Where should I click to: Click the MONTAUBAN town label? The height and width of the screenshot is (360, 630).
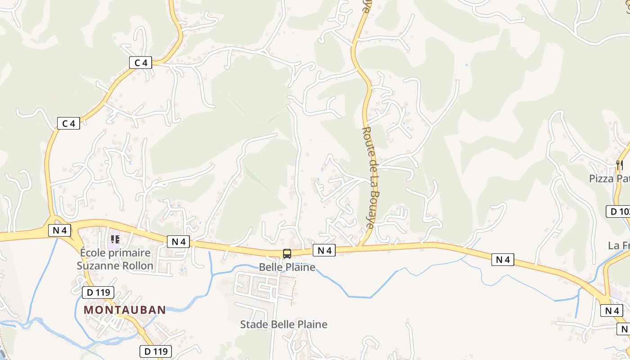125,310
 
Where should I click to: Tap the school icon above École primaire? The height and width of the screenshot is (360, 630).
115,239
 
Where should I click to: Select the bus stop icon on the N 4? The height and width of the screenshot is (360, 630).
287,254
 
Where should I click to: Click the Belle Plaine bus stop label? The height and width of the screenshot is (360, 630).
287,267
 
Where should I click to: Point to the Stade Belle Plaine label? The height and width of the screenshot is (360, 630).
283,324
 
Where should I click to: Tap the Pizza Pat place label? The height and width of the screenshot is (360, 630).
609,179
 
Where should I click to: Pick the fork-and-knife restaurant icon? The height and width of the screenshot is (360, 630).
620,166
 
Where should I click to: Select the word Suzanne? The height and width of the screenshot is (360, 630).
96,265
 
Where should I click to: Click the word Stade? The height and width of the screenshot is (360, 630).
252,324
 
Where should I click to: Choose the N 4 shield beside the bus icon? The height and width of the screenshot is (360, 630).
324,251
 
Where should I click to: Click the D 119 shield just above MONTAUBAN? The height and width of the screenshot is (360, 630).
98,292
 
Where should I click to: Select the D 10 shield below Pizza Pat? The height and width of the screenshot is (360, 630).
619,211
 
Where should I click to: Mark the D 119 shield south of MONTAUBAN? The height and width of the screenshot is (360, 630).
156,351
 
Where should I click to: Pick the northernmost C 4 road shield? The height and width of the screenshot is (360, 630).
140,63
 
